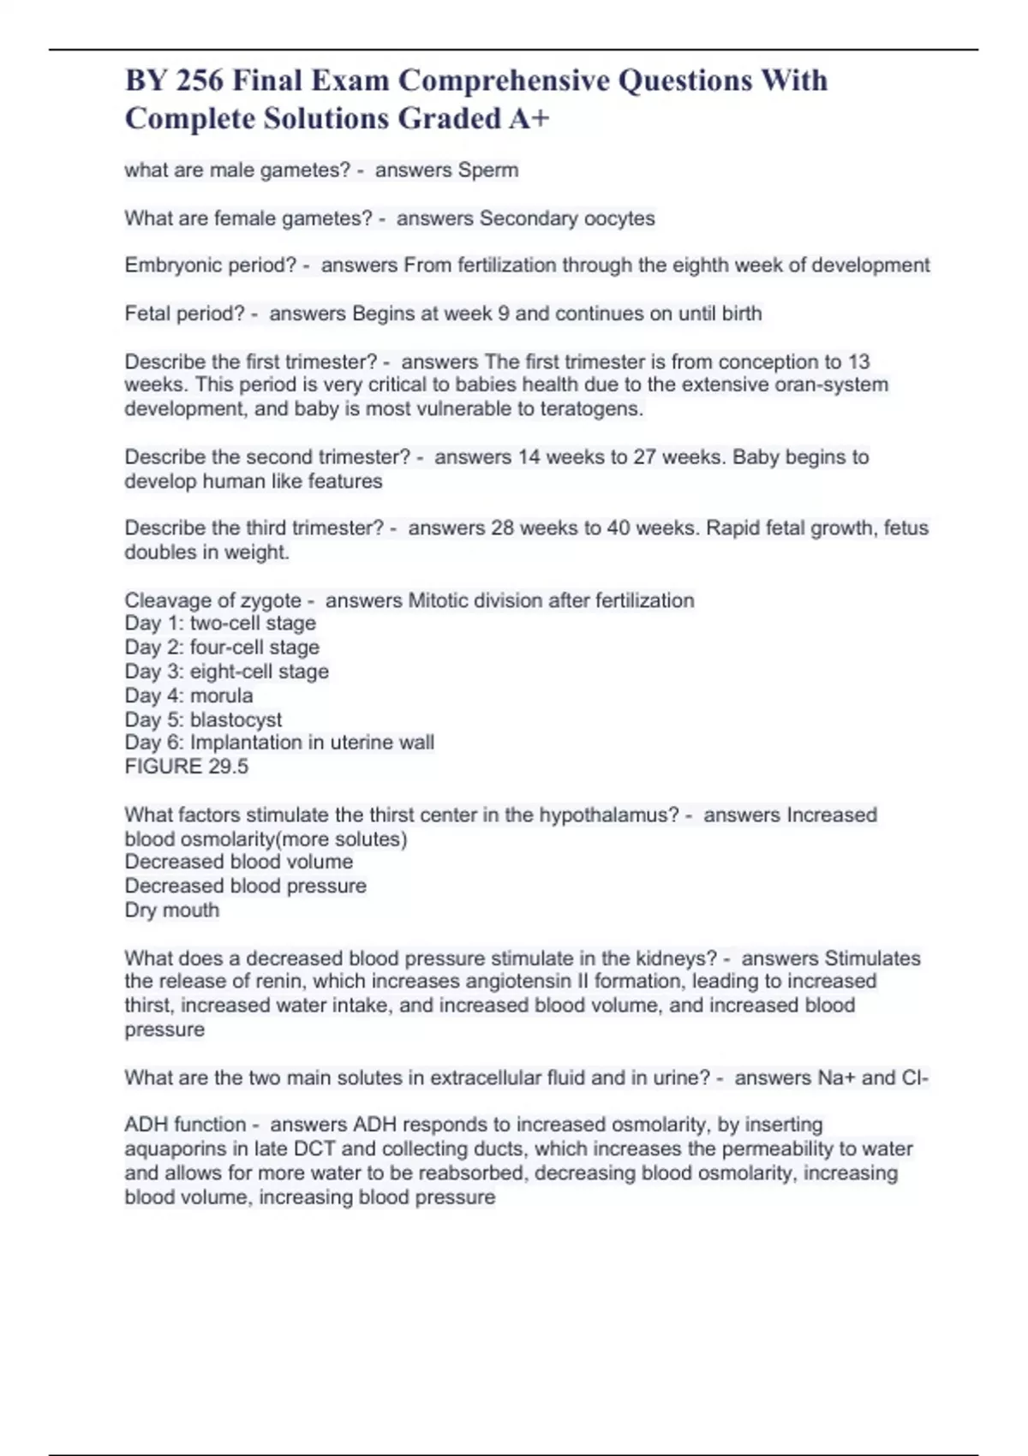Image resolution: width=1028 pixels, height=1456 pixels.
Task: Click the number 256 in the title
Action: (200, 81)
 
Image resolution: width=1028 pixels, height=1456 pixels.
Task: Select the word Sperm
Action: (487, 170)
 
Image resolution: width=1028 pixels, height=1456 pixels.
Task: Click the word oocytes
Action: (619, 218)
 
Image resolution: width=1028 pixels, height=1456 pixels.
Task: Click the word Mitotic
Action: (439, 600)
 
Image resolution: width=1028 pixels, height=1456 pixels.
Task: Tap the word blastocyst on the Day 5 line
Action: (236, 719)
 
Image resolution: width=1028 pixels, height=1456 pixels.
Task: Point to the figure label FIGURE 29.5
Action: (186, 767)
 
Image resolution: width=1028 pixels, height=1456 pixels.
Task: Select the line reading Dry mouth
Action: (171, 910)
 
